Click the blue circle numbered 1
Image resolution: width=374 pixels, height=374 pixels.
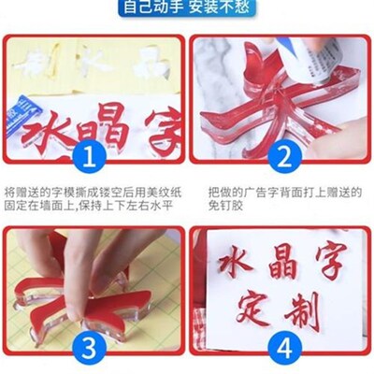click(x=91, y=154)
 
